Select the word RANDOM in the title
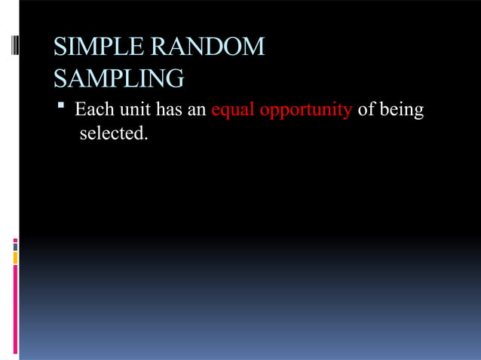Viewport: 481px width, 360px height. tap(208, 47)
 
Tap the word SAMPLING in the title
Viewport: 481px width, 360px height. tap(118, 78)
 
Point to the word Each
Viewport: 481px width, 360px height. tap(94, 110)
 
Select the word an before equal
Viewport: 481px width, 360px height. tap(197, 110)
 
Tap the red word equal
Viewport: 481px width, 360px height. tap(233, 111)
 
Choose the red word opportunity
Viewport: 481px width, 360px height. tap(305, 111)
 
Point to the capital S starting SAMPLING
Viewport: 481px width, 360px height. tap(60, 78)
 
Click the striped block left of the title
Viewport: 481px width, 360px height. tap(14, 55)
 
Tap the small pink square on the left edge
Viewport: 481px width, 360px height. tap(15, 241)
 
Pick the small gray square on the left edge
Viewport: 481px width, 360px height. tap(15, 247)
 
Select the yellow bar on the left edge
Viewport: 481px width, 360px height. tap(15, 258)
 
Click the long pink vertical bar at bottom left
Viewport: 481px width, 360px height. tap(15, 309)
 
